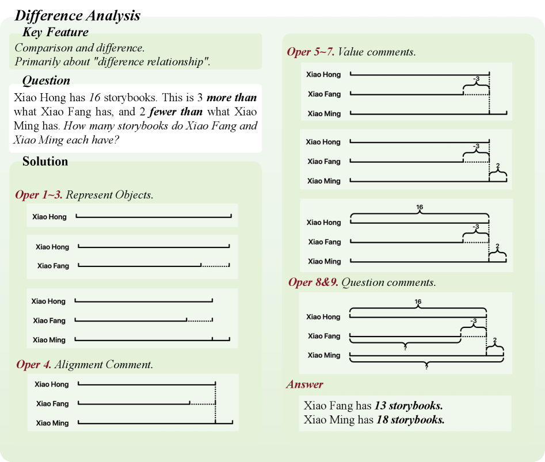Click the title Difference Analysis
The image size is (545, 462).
[77, 16]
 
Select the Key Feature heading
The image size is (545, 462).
[55, 32]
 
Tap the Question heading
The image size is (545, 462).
[46, 80]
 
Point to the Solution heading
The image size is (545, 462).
[45, 161]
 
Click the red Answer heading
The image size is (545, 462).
[304, 384]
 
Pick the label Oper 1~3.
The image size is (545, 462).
[39, 194]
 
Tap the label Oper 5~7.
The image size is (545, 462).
[310, 52]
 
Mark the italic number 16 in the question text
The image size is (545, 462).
[95, 98]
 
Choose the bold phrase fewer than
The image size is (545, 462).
[180, 112]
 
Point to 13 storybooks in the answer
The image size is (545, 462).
[408, 405]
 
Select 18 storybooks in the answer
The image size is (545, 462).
[410, 419]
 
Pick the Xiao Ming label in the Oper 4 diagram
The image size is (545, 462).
[52, 423]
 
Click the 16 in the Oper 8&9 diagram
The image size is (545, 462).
[418, 301]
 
